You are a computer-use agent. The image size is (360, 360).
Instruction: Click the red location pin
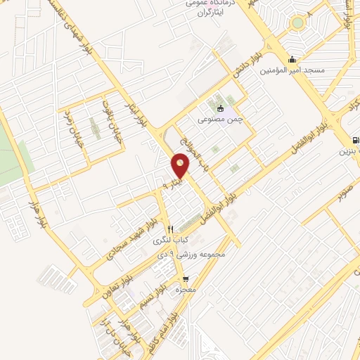click(180, 165)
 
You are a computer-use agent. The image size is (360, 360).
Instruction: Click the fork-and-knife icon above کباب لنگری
click(170, 229)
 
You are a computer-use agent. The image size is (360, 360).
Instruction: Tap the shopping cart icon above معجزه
click(186, 278)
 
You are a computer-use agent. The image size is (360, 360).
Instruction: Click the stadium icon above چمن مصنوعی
click(221, 108)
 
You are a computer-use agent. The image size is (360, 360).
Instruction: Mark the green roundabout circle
click(298, 22)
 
